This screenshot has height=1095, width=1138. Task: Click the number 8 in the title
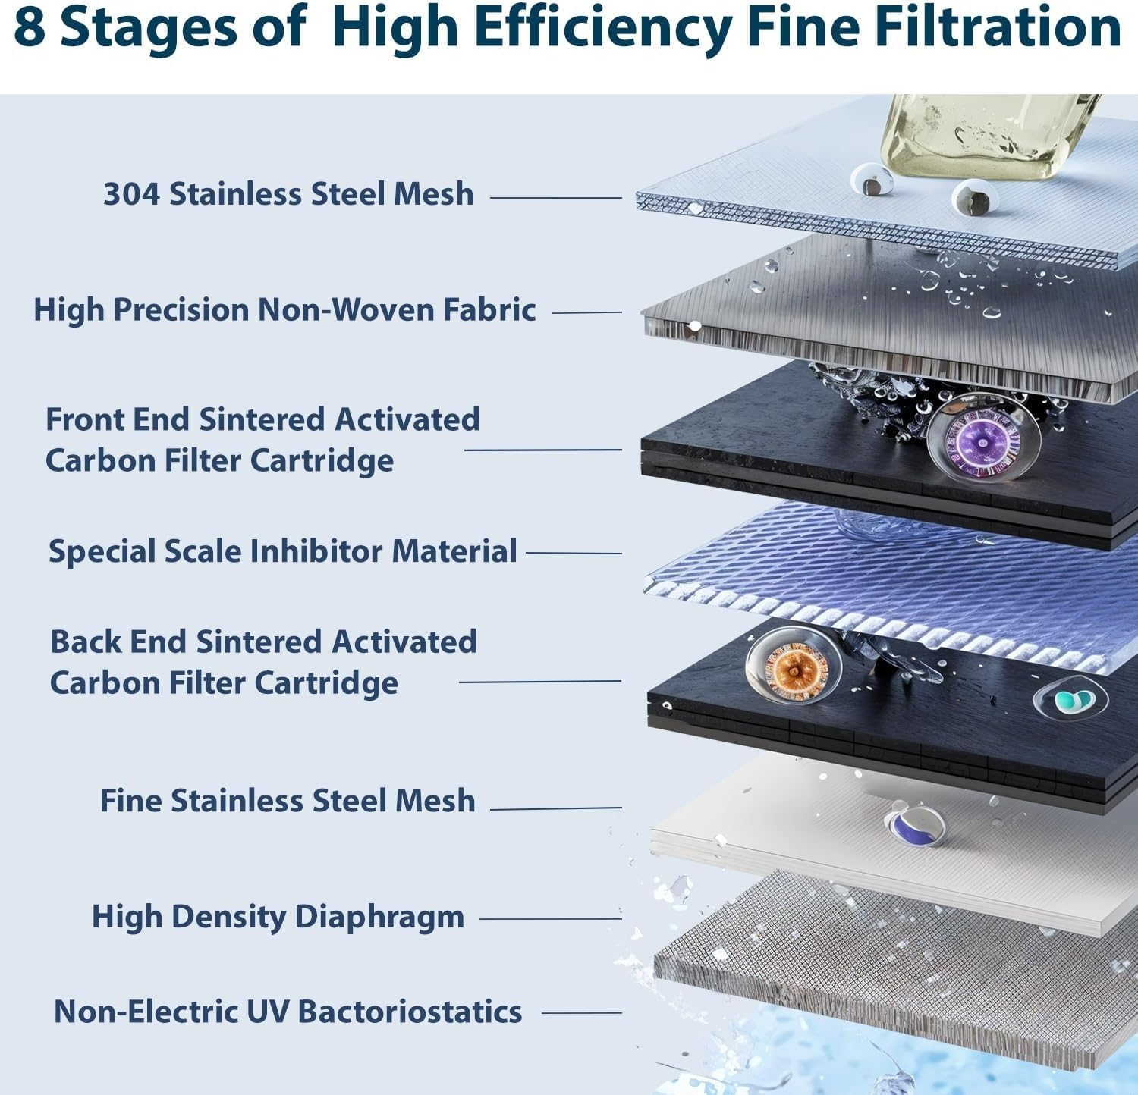29,27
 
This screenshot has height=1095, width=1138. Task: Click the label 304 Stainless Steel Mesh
288,194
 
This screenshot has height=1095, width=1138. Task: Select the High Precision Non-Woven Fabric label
284,310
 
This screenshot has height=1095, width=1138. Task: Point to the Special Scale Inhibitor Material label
282,551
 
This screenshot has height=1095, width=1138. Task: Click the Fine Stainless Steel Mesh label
288,801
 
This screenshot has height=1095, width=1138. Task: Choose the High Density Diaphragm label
278,917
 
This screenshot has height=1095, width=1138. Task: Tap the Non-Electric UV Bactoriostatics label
288,1012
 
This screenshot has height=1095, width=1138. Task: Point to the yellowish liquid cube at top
986,136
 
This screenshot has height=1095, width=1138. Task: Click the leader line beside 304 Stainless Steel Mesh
555,198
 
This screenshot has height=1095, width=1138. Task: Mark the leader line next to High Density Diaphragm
550,919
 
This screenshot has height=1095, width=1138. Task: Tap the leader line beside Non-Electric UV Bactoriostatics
581,1012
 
